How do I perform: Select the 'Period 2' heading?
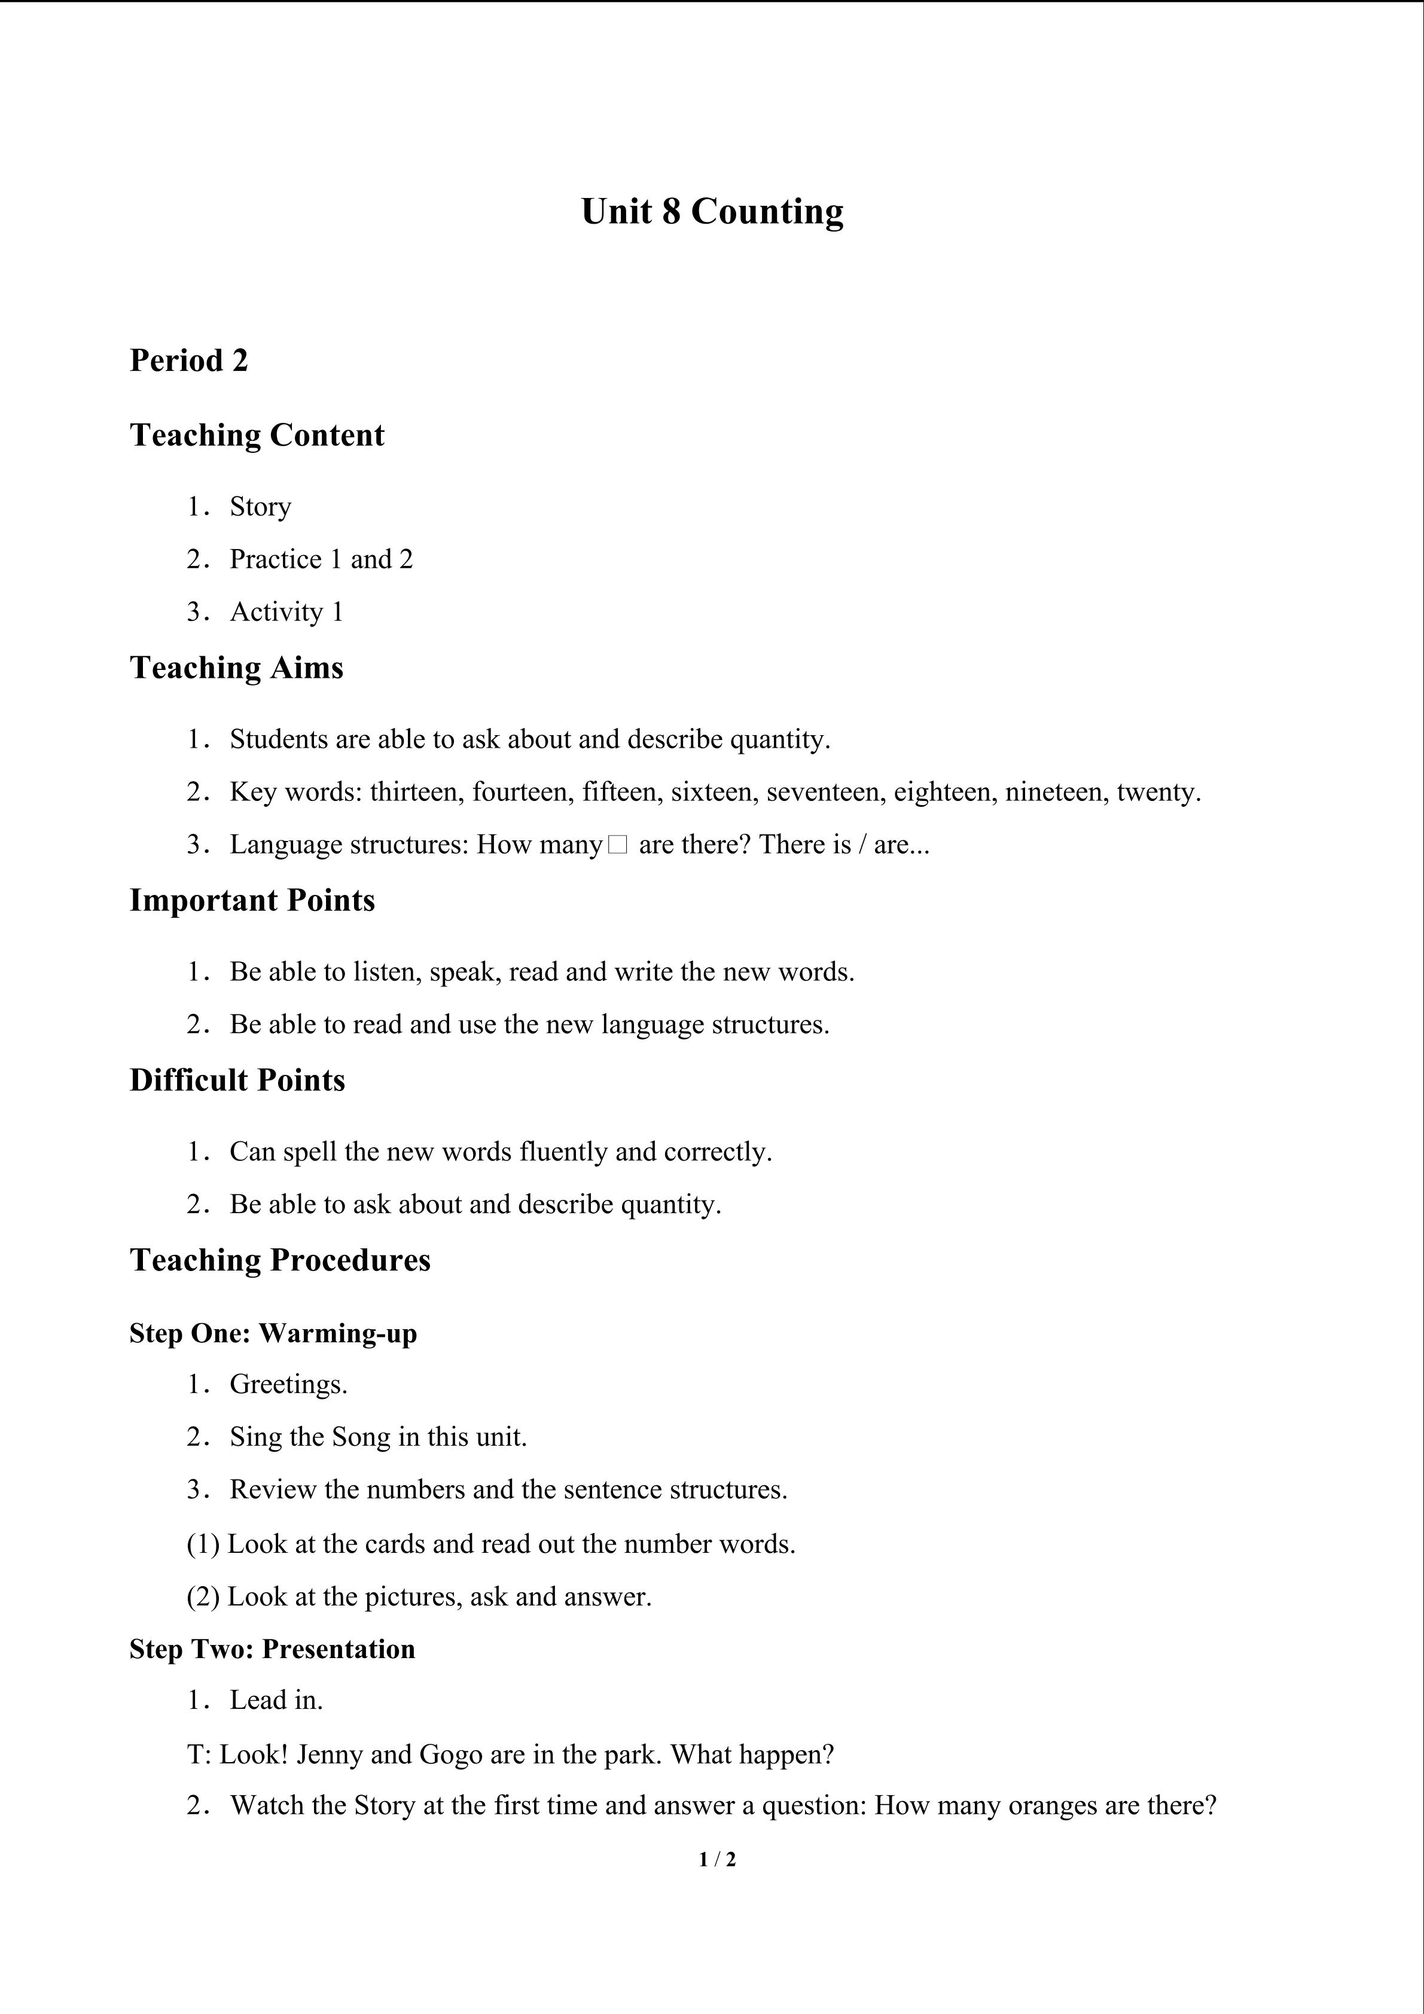click(x=188, y=361)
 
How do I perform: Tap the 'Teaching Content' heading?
click(x=257, y=435)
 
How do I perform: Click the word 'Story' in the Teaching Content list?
click(x=260, y=507)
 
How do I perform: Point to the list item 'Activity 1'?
click(x=286, y=613)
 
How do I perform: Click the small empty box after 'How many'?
click(x=617, y=845)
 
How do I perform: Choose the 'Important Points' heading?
click(x=252, y=900)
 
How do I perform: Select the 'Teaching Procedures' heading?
click(x=280, y=1260)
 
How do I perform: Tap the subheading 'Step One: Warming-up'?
click(x=273, y=1333)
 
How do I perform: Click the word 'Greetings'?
click(x=286, y=1384)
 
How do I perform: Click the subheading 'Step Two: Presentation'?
click(x=273, y=1649)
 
